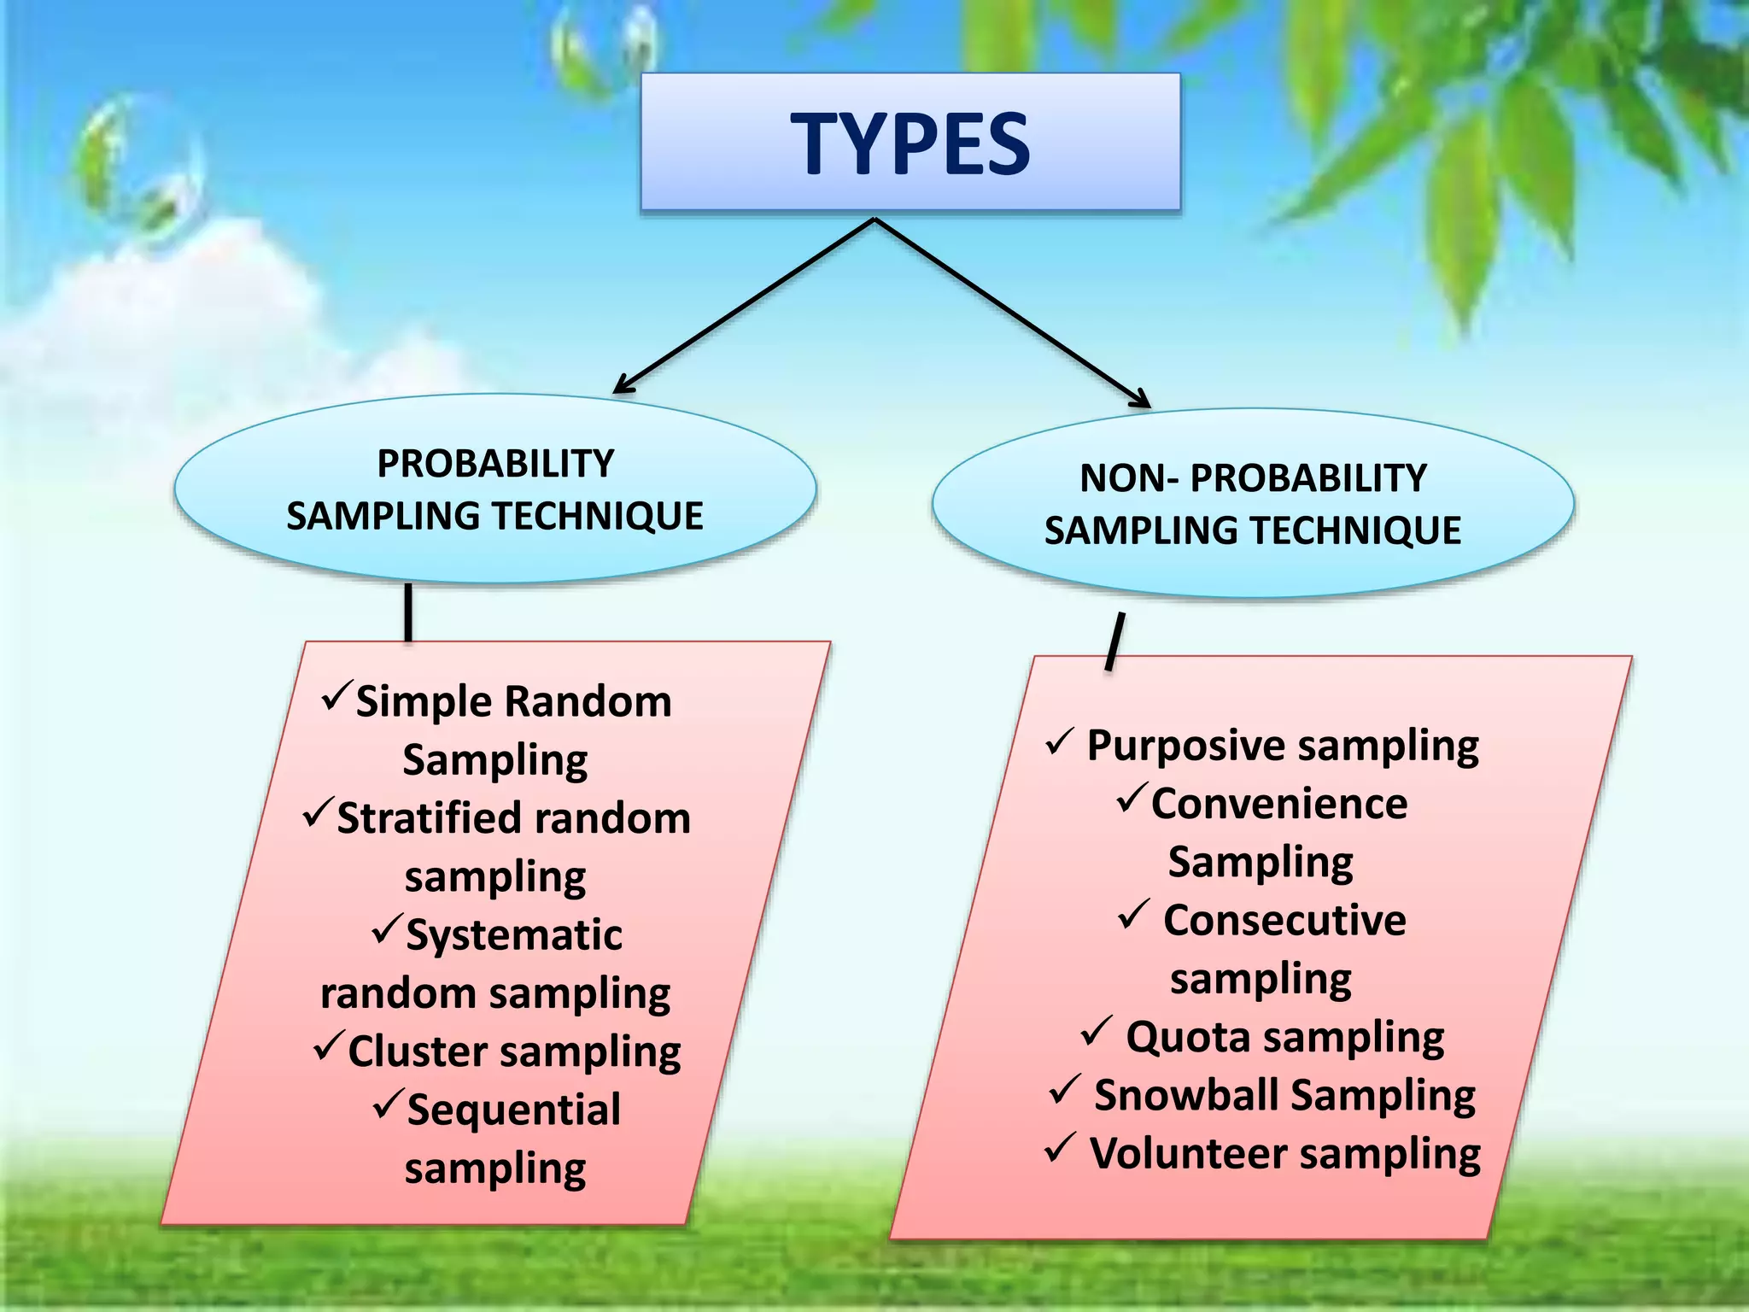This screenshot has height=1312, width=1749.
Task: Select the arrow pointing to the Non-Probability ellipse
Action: [1013, 313]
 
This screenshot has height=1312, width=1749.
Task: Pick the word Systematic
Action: [513, 935]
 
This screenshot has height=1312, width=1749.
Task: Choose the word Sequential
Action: [513, 1110]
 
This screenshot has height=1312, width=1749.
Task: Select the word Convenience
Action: [1278, 805]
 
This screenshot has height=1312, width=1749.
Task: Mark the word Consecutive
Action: [1284, 921]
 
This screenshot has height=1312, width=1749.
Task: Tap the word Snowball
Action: [1186, 1095]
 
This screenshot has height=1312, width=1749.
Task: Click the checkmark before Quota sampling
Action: [1096, 1031]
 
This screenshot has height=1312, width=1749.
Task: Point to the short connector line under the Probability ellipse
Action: [408, 612]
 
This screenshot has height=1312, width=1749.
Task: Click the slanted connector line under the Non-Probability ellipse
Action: [1114, 641]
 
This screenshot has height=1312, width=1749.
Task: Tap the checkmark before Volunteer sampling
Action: [1059, 1147]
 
